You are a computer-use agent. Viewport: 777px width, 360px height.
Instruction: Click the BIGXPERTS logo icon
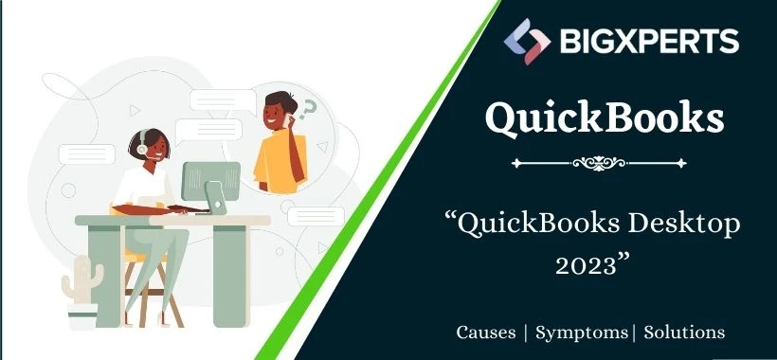pyautogui.click(x=526, y=41)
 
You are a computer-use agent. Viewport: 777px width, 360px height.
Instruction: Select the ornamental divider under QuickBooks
pyautogui.click(x=605, y=163)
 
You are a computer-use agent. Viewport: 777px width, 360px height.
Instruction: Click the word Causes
pyautogui.click(x=486, y=333)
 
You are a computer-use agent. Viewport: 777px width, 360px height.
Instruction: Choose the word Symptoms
pyautogui.click(x=581, y=333)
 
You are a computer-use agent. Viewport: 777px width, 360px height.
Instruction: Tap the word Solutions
pyautogui.click(x=684, y=333)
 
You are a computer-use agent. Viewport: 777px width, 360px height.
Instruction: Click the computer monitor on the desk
pyautogui.click(x=209, y=181)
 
